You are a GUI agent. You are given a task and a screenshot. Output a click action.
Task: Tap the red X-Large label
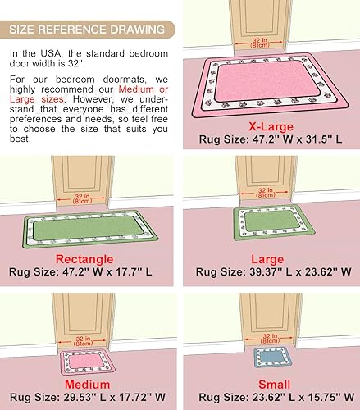(x=269, y=126)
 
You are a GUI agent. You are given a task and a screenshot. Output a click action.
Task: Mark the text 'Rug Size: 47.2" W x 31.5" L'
(x=270, y=139)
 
